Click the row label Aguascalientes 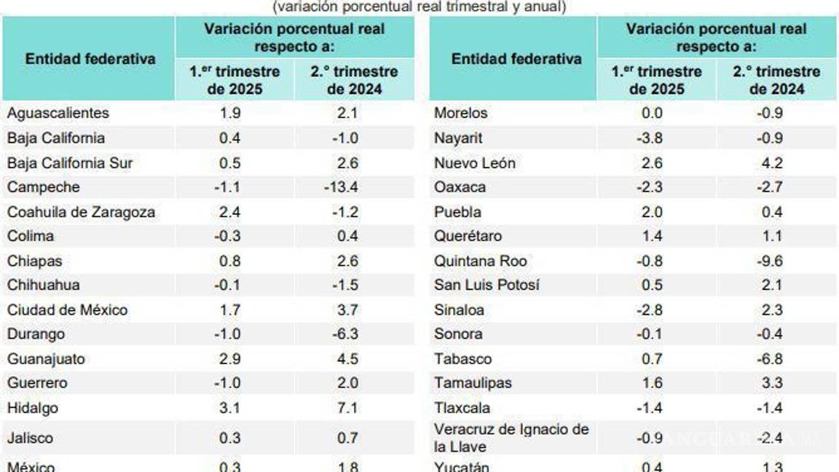pos(58,113)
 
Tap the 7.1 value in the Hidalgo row pos(347,408)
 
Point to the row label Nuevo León pos(474,163)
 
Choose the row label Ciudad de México pos(67,310)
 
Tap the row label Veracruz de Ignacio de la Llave pos(511,438)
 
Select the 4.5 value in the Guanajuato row pos(347,359)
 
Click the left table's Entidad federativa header pos(90,59)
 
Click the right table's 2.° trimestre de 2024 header pos(776,80)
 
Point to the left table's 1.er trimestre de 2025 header pos(235,80)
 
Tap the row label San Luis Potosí pos(487,285)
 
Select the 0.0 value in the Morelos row pos(652,113)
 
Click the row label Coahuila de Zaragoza pos(81,212)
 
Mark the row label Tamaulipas pos(473,382)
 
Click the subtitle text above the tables pos(419,7)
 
